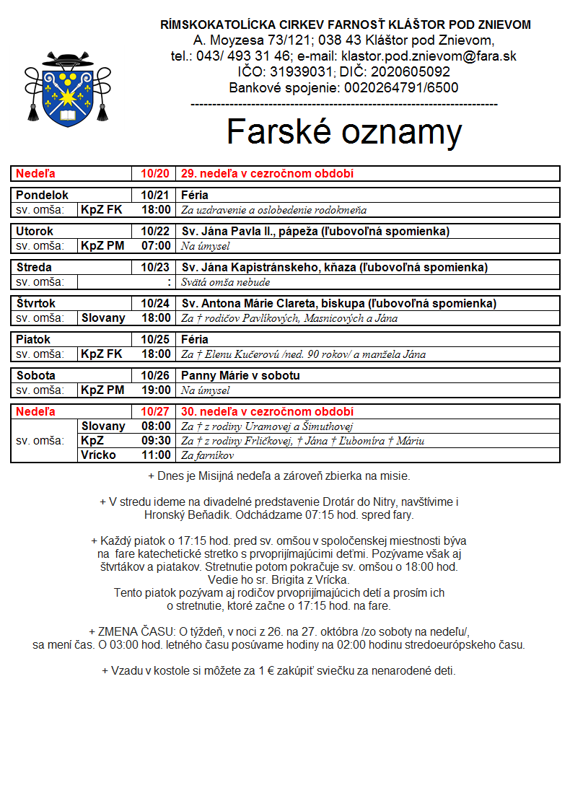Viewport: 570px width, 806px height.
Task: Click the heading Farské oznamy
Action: point(343,132)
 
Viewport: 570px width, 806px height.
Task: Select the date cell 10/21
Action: point(155,196)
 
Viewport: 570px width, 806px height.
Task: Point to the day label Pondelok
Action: point(42,196)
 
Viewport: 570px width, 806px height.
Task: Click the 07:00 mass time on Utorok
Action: point(157,246)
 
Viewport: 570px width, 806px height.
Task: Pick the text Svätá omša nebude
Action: point(225,282)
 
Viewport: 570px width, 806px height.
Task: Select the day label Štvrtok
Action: point(36,304)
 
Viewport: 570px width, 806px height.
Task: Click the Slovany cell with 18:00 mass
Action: point(103,318)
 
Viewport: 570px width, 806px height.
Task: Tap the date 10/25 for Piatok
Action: point(155,340)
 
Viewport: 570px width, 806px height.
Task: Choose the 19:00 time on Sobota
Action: point(157,390)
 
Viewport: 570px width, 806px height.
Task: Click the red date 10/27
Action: point(155,412)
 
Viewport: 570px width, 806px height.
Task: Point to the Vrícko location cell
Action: point(99,455)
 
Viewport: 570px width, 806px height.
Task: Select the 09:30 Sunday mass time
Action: point(157,441)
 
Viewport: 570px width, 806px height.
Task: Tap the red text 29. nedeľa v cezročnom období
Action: point(267,174)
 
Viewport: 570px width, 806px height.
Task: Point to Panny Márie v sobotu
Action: point(240,376)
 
